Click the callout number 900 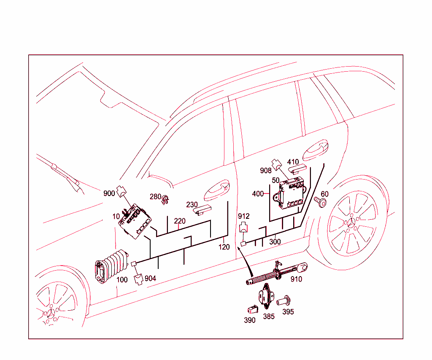coord(109,193)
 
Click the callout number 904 coord(150,279)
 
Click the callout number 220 coord(180,221)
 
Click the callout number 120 coord(224,247)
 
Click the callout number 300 coord(275,242)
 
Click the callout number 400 coord(258,194)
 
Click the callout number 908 coord(266,171)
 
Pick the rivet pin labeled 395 coord(285,301)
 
